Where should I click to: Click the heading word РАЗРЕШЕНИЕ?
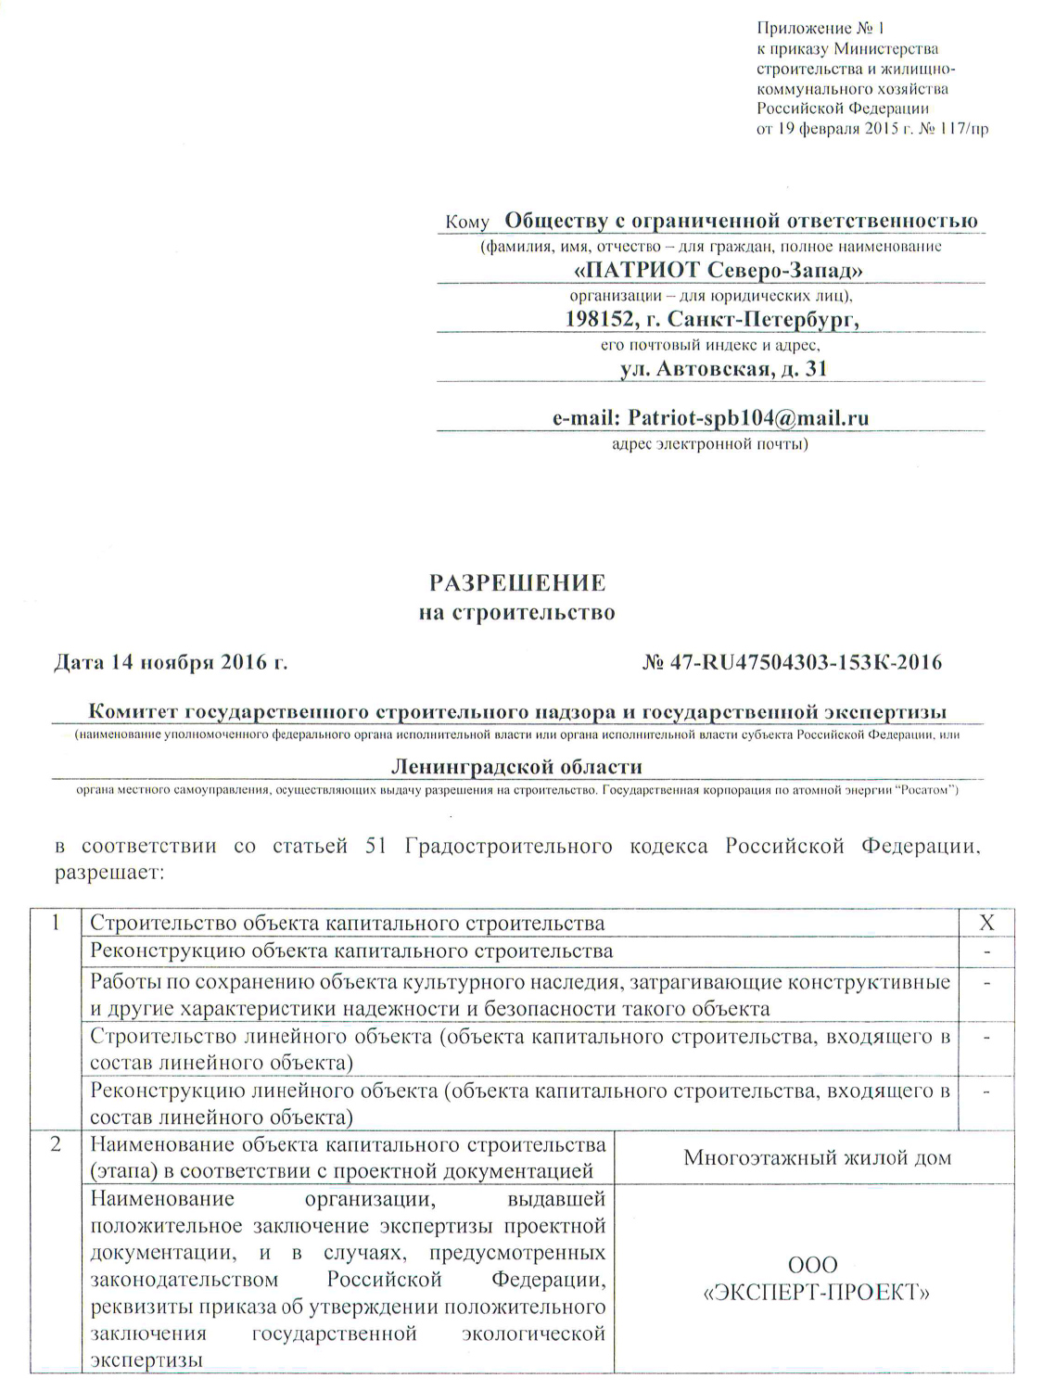pyautogui.click(x=516, y=583)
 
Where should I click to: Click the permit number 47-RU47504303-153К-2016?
pyautogui.click(x=804, y=662)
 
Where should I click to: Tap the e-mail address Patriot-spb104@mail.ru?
pyautogui.click(x=748, y=417)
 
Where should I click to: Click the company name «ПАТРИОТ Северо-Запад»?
pyautogui.click(x=719, y=270)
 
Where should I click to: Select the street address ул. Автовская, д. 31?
pyautogui.click(x=723, y=369)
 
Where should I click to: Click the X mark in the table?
pyautogui.click(x=986, y=923)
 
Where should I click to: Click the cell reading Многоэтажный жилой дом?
pyautogui.click(x=817, y=1157)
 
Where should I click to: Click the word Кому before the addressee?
pyautogui.click(x=466, y=223)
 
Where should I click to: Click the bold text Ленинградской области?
pyautogui.click(x=516, y=767)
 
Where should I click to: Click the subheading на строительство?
pyautogui.click(x=516, y=613)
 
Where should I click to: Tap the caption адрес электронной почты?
pyautogui.click(x=710, y=444)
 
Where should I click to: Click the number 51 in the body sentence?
pyautogui.click(x=376, y=847)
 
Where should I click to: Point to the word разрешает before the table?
pyautogui.click(x=108, y=874)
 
